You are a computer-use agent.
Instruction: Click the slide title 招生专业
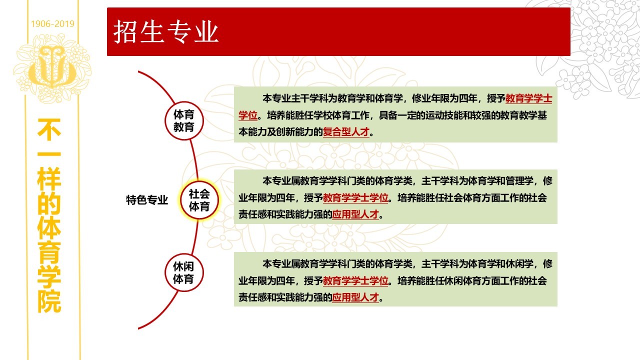(x=166, y=32)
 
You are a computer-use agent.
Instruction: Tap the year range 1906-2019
(x=52, y=23)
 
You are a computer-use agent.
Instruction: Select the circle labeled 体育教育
(x=184, y=121)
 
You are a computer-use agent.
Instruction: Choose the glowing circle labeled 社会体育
(x=199, y=200)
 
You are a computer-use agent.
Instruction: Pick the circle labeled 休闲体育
(x=184, y=272)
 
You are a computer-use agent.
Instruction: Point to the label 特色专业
(x=147, y=200)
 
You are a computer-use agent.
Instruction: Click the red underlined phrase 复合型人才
(x=346, y=132)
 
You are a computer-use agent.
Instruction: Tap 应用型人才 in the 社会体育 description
(x=355, y=214)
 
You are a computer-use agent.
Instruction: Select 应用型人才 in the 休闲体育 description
(x=355, y=297)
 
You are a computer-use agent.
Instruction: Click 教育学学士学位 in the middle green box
(x=355, y=197)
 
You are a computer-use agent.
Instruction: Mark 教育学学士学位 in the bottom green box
(x=355, y=281)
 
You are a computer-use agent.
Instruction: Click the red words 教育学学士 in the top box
(x=528, y=98)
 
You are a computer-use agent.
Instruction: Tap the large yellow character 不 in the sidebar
(x=49, y=129)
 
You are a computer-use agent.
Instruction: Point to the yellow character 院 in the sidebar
(x=49, y=301)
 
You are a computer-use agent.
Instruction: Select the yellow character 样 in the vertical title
(x=49, y=179)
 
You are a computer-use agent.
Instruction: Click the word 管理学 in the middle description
(x=519, y=181)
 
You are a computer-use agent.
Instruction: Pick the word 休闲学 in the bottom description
(x=519, y=264)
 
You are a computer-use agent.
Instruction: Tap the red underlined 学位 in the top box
(x=248, y=115)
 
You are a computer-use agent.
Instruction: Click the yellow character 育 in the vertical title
(x=49, y=252)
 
